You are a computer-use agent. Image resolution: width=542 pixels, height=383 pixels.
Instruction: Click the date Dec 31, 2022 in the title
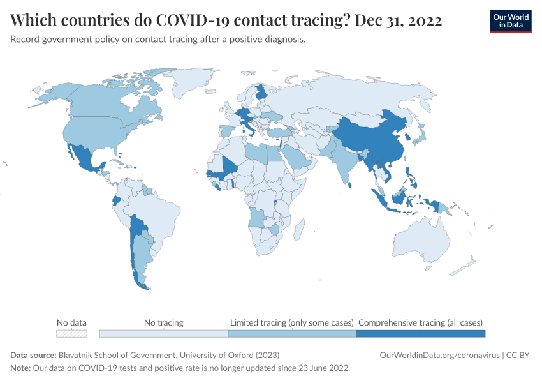399,20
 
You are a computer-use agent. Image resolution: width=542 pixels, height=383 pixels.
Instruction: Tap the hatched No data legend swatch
71,333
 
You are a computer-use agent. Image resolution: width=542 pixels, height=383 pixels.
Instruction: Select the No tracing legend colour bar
164,333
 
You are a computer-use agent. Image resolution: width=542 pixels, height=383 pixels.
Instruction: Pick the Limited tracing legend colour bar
292,333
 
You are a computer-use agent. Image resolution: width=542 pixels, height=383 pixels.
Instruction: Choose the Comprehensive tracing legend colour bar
421,333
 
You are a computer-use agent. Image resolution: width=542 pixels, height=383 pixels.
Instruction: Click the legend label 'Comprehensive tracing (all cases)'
421,322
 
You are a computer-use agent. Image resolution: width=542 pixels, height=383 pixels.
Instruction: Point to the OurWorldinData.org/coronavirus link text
439,355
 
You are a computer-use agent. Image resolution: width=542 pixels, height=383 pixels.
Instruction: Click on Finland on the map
261,93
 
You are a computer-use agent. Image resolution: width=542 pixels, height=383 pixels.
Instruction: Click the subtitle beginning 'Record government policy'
158,40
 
